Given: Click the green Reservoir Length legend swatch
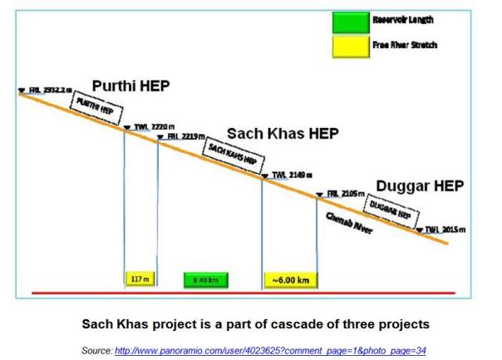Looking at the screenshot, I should pyautogui.click(x=348, y=21).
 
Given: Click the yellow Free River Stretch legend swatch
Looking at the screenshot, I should pyautogui.click(x=348, y=45).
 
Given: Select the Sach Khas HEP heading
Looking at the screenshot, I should pyautogui.click(x=283, y=134).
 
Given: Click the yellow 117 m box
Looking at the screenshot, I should pyautogui.click(x=137, y=279).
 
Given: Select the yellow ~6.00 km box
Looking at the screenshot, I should pyautogui.click(x=290, y=279).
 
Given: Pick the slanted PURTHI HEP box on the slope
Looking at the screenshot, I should pyautogui.click(x=92, y=107).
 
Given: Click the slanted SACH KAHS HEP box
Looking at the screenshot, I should pyautogui.click(x=229, y=155).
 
